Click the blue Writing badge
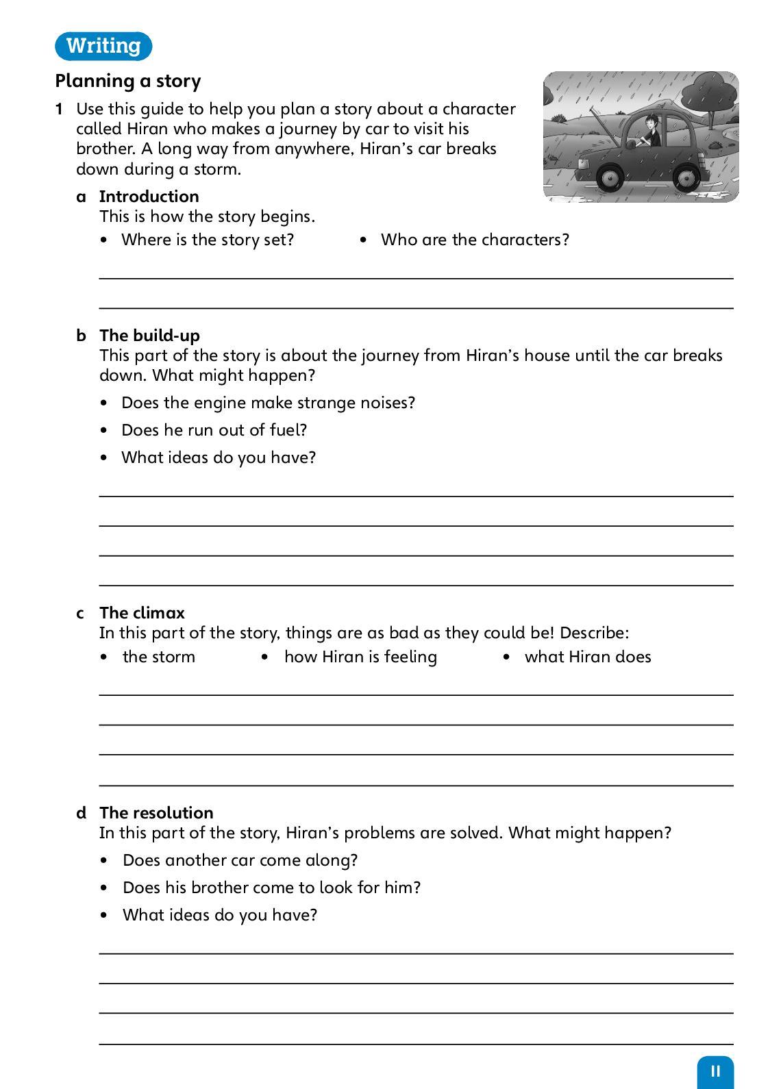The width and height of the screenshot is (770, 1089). (x=103, y=46)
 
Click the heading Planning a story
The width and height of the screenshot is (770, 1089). (x=128, y=81)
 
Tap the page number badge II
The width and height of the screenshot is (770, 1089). (x=715, y=1071)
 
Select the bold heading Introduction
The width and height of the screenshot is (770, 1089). (x=149, y=197)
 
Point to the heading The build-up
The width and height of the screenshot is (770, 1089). (x=149, y=336)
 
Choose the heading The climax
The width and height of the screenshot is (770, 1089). (x=142, y=613)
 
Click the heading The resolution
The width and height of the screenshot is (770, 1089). (x=156, y=813)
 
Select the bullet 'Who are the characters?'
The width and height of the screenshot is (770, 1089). (x=475, y=240)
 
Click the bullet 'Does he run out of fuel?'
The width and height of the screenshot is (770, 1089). (x=214, y=430)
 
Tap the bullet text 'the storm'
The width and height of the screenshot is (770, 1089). (x=159, y=657)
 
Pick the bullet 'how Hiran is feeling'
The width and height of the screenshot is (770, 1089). (x=360, y=657)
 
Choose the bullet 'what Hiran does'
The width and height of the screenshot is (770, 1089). (x=588, y=657)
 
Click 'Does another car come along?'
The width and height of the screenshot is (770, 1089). (x=240, y=860)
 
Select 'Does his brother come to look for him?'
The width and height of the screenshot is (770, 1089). (x=271, y=888)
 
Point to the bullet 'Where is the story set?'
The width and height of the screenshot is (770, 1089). (x=208, y=240)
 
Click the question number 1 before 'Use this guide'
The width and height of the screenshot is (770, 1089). (x=60, y=110)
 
